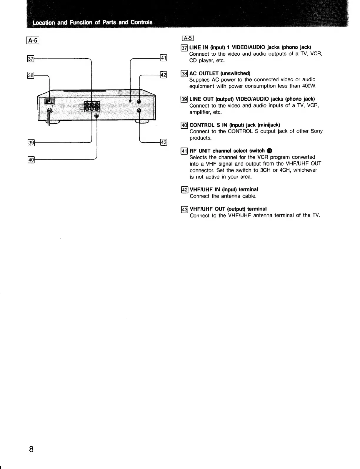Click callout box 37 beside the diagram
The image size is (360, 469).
coord(31,59)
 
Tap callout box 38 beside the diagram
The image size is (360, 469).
coord(31,75)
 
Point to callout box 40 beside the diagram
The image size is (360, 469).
coord(31,160)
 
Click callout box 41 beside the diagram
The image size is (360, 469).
coord(163,58)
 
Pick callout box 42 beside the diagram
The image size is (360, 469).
coord(163,75)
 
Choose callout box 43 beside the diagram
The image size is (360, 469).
coord(163,142)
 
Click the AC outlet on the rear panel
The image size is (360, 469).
coord(49,101)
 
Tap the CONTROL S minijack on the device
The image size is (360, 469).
coord(97,116)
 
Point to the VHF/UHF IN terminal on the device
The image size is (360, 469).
coord(139,101)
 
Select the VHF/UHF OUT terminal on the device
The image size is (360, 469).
coord(139,111)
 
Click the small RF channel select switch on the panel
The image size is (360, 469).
coord(130,101)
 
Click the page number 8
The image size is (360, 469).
coord(31,450)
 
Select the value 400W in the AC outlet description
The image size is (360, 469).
coord(309,86)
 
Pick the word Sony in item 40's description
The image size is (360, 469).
coord(316,131)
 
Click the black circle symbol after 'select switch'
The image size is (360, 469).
coord(270,151)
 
